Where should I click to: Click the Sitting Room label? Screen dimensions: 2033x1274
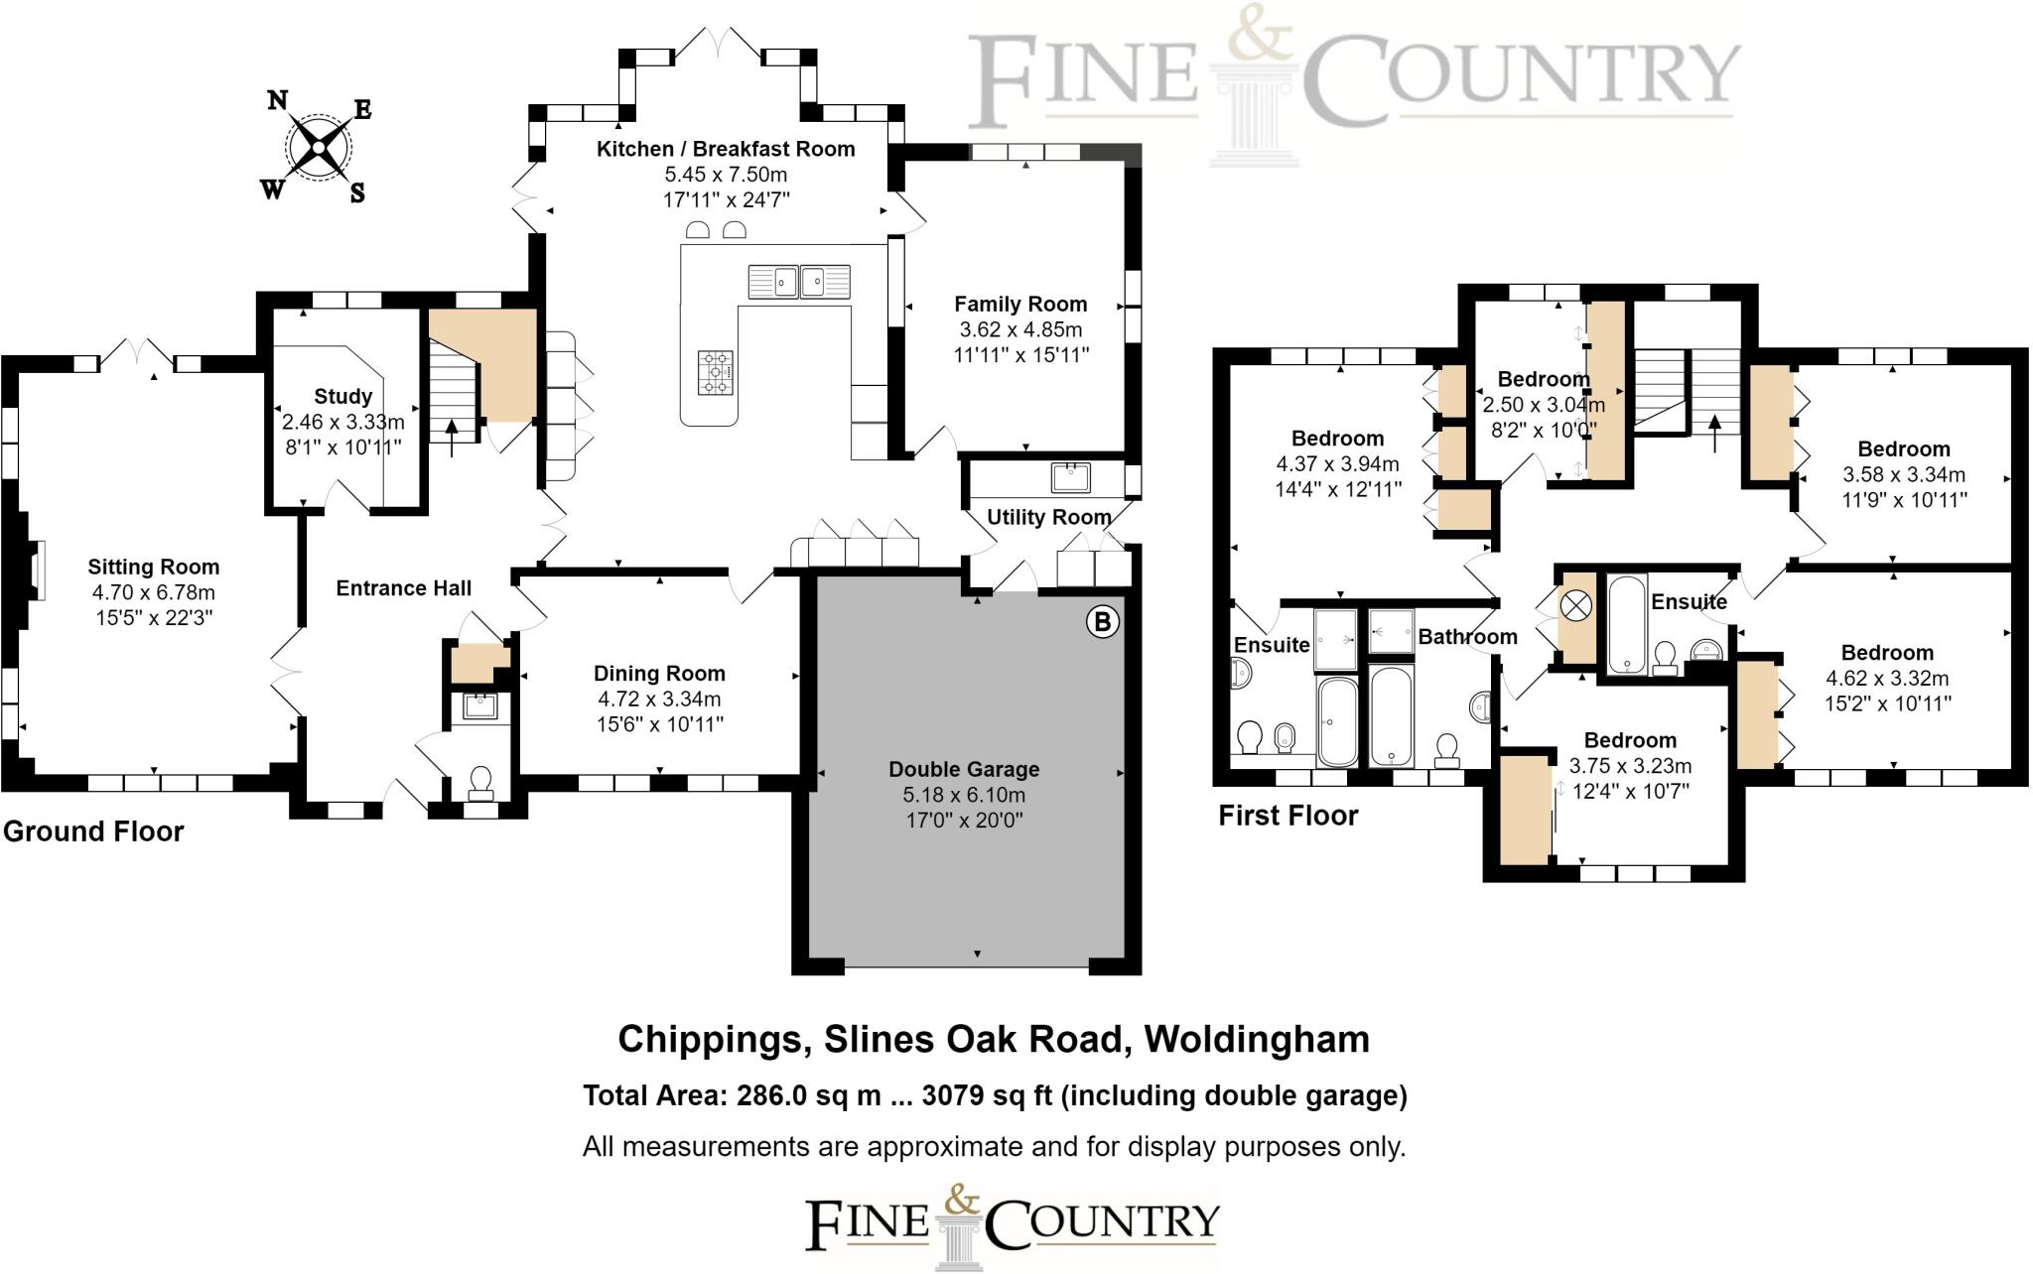coord(153,568)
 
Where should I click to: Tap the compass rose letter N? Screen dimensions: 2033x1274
coord(278,100)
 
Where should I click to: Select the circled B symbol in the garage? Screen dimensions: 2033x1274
coord(1102,622)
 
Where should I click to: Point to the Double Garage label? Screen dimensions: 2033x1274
coord(964,769)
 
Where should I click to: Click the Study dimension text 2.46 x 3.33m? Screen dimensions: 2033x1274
coord(343,422)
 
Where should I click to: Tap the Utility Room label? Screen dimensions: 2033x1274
coord(1048,518)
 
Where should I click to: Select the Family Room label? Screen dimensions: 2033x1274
coord(1020,305)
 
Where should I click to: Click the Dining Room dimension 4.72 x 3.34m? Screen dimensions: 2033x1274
coord(659,700)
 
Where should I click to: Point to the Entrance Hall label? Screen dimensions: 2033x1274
coord(404,588)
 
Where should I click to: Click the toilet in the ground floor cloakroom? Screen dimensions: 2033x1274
coord(481,782)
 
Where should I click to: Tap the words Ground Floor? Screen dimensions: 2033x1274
coord(93,831)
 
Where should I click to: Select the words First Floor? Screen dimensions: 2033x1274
coord(1288,816)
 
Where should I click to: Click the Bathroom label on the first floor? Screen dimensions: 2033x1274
coord(1467,637)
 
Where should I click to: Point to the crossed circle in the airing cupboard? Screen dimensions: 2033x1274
coord(1575,604)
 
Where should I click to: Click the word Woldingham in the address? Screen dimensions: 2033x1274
coord(1257,1040)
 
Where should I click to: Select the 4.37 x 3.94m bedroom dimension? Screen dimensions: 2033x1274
coord(1337,464)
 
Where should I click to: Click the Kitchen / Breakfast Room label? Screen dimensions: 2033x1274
coord(726,149)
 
